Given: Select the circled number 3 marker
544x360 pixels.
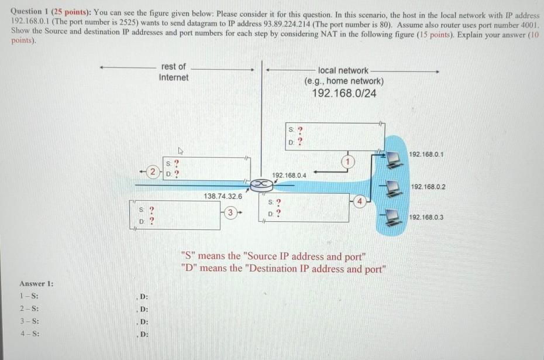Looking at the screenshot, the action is tap(232, 211).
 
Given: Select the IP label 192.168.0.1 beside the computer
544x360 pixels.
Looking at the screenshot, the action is tap(427, 154).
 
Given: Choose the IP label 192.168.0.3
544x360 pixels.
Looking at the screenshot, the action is tap(426, 217).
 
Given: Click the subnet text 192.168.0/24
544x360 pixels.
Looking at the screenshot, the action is tap(344, 94).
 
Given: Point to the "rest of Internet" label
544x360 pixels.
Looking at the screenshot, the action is tap(174, 72).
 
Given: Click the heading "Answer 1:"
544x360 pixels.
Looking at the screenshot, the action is tap(36, 284).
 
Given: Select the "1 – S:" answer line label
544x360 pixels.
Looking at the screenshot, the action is tap(29, 296).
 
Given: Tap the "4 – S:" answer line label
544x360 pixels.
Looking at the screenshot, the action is tap(29, 334).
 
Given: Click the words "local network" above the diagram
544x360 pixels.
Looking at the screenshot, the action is tap(343, 70).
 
